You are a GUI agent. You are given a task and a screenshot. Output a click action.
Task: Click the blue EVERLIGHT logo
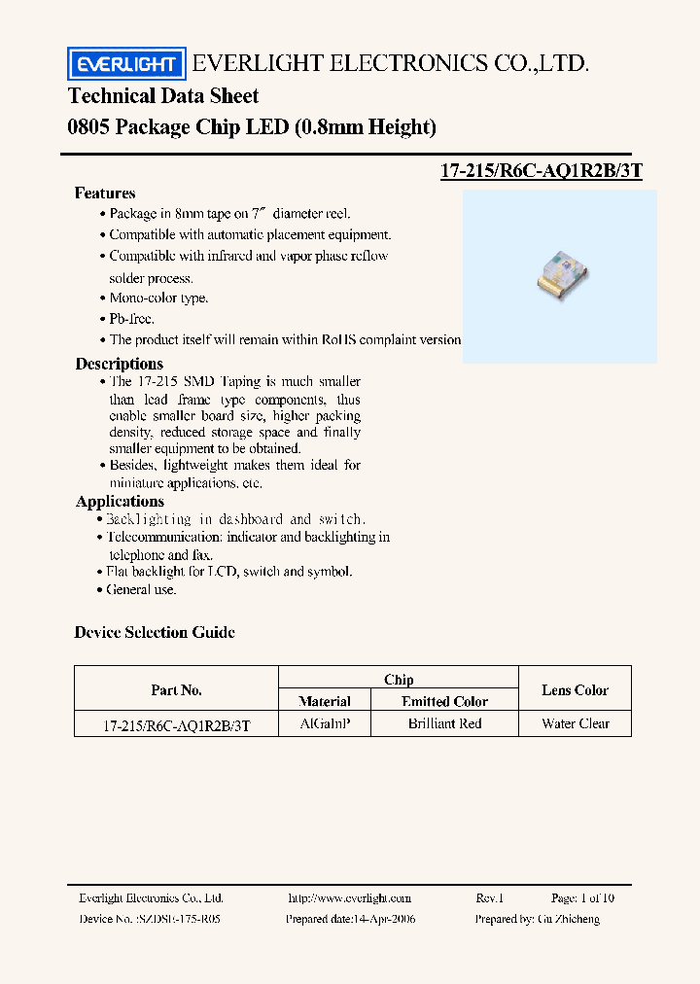coord(125,64)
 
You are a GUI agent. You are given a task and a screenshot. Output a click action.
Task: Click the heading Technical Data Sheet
coord(163,96)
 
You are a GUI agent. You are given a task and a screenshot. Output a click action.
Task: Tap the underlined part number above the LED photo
coord(542,171)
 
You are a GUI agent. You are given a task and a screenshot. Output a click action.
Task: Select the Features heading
coord(105,193)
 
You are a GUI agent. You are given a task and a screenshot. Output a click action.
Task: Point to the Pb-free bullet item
coord(131,319)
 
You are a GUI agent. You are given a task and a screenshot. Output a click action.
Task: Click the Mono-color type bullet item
coord(158,299)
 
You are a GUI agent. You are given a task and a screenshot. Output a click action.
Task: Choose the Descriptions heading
coord(120,364)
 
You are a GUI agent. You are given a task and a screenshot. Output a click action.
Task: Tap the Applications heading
coord(120,502)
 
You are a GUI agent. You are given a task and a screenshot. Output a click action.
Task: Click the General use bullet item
coord(141,589)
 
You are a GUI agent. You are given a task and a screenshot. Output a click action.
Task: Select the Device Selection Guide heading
coord(155,633)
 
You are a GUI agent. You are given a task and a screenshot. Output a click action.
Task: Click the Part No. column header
coord(177,690)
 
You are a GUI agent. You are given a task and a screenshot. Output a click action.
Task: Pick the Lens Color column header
coord(575,690)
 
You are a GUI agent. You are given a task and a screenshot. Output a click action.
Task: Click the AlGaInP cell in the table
coord(326,724)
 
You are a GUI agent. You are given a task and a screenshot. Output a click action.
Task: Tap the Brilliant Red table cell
coord(444,724)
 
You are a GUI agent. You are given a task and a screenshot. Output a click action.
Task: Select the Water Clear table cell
coord(576,724)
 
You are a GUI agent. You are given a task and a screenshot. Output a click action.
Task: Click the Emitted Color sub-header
coord(444,701)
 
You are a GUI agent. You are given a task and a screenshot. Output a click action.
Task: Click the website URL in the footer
coord(350,898)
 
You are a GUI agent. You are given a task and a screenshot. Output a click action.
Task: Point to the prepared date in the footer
coord(350,919)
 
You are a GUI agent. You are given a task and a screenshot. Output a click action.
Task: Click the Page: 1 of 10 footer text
coord(582,898)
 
